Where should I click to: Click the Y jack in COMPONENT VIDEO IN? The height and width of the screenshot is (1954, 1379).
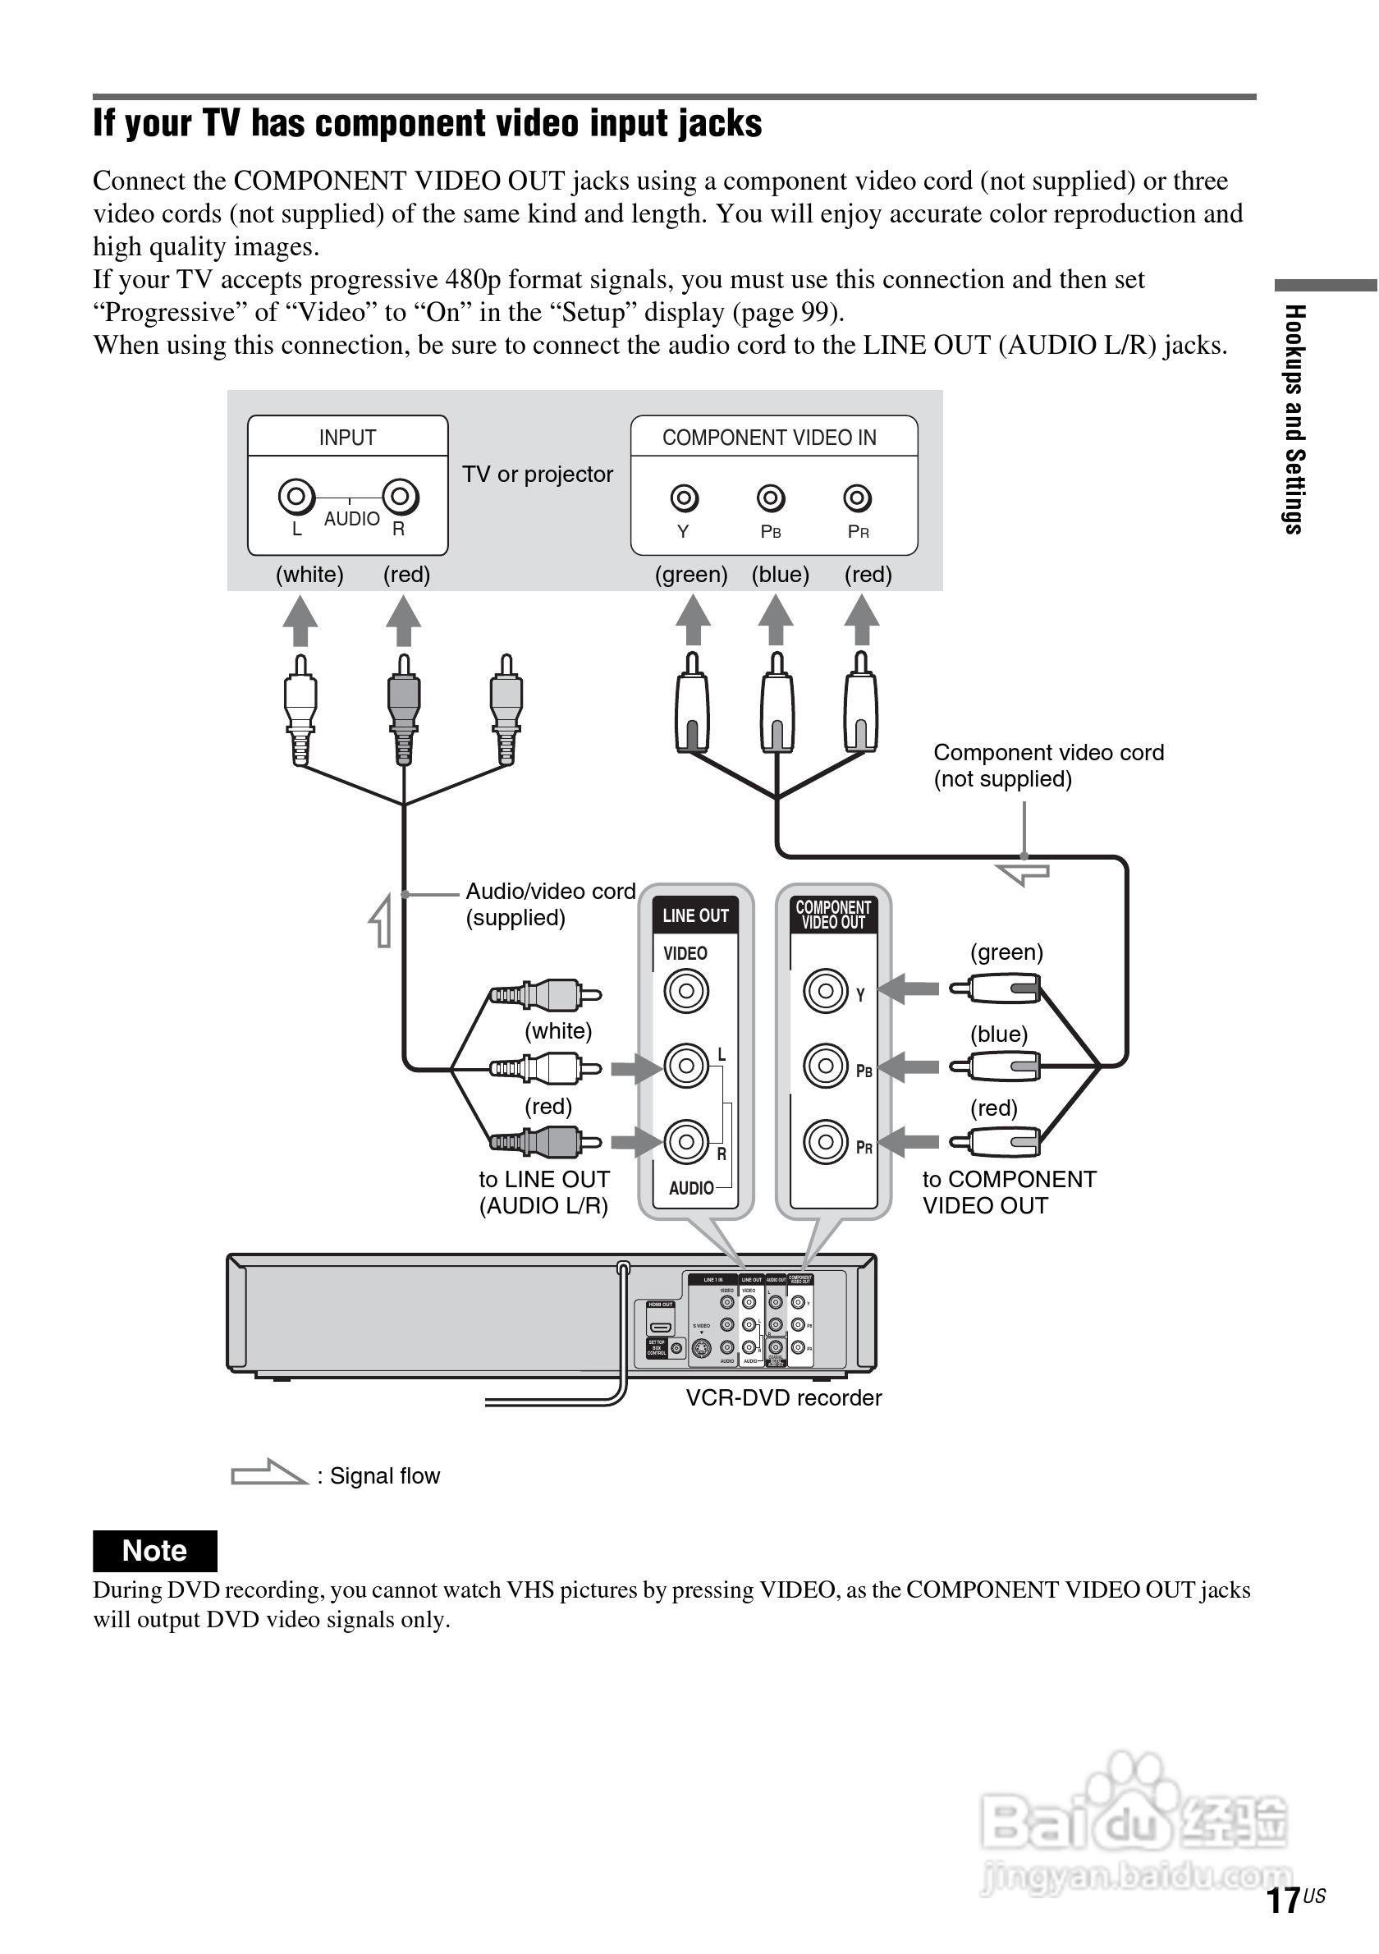685,498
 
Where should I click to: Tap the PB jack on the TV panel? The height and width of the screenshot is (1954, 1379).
771,498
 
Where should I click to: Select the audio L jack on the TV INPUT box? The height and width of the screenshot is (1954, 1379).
296,495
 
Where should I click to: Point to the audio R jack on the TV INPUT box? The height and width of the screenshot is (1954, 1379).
400,495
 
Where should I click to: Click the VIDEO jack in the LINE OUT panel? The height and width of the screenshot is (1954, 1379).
685,991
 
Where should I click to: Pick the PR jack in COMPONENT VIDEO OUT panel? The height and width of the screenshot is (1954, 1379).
825,1141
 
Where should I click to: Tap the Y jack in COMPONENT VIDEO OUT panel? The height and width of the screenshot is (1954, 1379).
825,991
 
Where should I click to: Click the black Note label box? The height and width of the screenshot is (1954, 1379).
155,1551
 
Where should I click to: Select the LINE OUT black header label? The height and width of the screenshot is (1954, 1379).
695,915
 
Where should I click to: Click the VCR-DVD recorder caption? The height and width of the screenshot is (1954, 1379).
784,1398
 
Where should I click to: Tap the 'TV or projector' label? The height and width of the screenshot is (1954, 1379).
538,474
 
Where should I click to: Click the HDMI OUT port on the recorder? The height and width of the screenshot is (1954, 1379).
660,1327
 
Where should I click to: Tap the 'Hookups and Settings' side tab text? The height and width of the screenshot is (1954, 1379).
1294,419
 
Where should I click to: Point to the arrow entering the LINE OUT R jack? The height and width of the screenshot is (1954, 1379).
635,1141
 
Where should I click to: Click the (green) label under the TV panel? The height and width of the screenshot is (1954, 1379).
691,575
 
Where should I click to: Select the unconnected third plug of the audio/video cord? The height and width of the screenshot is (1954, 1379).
506,711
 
